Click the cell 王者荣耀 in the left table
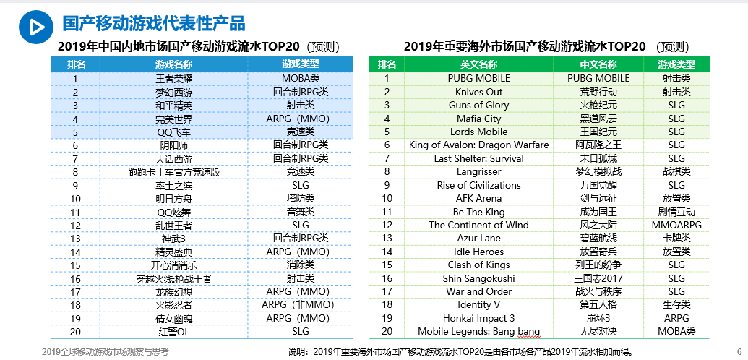(x=174, y=78)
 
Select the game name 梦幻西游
(x=174, y=92)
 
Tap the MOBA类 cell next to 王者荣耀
(x=301, y=78)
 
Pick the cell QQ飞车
(x=174, y=132)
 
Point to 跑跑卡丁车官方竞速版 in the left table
(x=174, y=172)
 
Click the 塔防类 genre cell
(x=301, y=199)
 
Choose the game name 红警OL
(x=174, y=332)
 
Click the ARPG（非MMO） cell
(x=301, y=305)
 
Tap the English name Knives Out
(x=478, y=92)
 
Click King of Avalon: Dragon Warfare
(x=478, y=145)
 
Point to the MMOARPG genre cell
(x=676, y=225)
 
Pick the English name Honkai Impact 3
(x=478, y=318)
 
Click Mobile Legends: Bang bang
(x=478, y=332)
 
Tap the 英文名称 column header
(x=478, y=64)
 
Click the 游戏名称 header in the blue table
(x=174, y=64)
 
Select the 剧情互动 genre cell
(x=676, y=212)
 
